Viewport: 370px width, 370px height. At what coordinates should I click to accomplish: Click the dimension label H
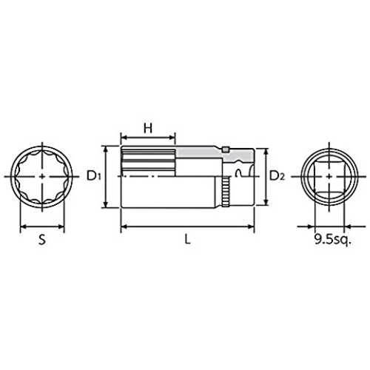click(148, 128)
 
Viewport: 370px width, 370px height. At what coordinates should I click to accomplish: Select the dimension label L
click(188, 239)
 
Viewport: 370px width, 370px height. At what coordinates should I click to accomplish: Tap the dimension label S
click(42, 239)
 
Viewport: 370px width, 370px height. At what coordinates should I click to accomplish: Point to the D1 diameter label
click(94, 176)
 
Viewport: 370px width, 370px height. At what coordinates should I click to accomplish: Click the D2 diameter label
click(277, 176)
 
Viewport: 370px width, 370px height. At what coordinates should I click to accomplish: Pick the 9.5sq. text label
click(332, 240)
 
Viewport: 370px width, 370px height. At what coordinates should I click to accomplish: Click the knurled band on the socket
click(225, 192)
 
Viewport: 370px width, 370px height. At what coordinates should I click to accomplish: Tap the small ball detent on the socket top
click(226, 149)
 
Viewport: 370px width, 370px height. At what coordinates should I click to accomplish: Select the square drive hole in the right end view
click(329, 176)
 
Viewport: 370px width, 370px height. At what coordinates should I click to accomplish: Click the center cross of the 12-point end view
click(42, 176)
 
